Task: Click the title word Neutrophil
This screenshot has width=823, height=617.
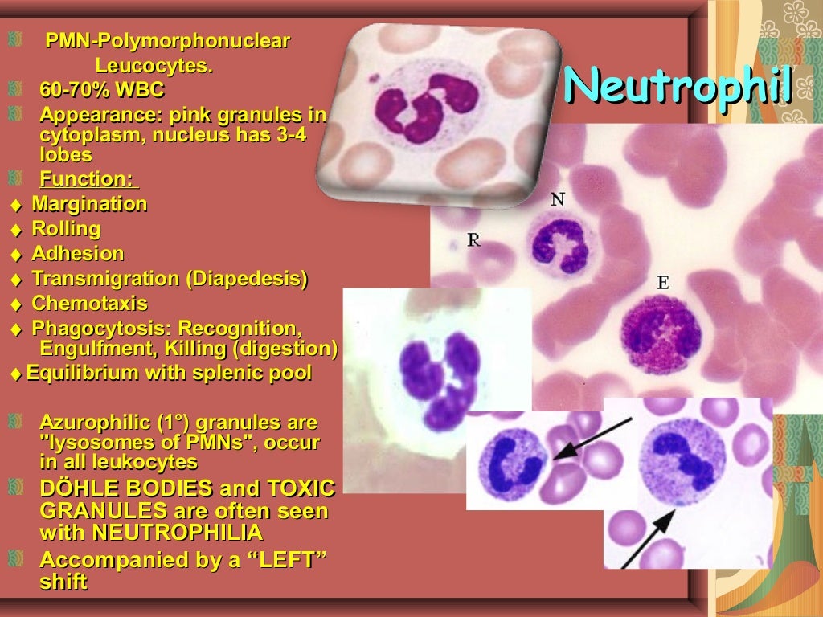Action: coord(678,85)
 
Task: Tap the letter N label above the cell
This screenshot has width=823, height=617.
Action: coord(557,198)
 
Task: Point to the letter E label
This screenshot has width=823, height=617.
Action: coord(663,282)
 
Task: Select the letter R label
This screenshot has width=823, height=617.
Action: coord(474,239)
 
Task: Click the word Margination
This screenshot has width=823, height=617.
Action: coord(89,204)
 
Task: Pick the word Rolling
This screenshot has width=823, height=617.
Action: coord(66,229)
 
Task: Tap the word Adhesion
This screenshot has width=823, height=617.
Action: coord(77,254)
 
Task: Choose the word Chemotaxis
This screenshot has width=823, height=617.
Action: coord(89,304)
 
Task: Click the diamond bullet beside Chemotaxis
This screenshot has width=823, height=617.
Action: coord(16,304)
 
